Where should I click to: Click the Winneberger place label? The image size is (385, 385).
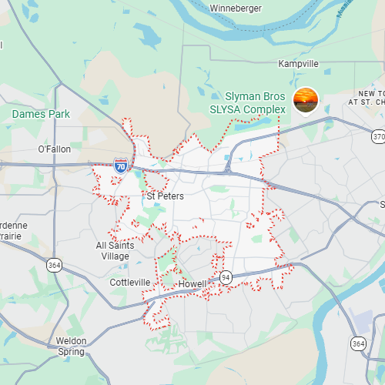tap(236, 8)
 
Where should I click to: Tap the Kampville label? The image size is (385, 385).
tap(298, 63)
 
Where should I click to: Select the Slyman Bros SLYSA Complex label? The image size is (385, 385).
tap(255, 103)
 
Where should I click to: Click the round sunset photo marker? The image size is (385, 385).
tap(306, 100)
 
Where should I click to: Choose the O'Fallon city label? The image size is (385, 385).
tap(54, 149)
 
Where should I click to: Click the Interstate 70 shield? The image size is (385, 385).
tap(121, 165)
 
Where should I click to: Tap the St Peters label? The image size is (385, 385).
tap(165, 196)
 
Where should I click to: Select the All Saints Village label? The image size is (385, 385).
tap(115, 251)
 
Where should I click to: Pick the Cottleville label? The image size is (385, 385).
tap(130, 283)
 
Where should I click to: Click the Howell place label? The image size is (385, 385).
tap(192, 284)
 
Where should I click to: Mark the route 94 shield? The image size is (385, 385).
tap(226, 277)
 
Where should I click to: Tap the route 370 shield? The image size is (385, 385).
tap(377, 136)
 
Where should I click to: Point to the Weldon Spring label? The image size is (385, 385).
tap(72, 346)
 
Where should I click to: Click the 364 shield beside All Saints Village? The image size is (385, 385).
tap(55, 265)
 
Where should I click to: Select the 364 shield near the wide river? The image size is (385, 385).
tap(358, 343)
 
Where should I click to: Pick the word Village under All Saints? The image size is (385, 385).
tap(115, 256)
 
